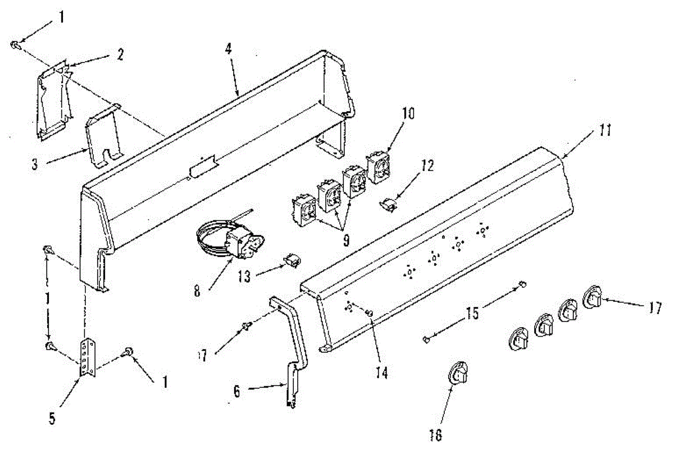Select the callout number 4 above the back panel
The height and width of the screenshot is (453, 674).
coord(229,49)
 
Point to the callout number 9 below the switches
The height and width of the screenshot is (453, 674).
coord(346,241)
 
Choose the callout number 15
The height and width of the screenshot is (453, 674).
coord(473,314)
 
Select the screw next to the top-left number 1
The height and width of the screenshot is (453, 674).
coord(17,46)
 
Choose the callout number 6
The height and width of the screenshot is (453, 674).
coord(236,392)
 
